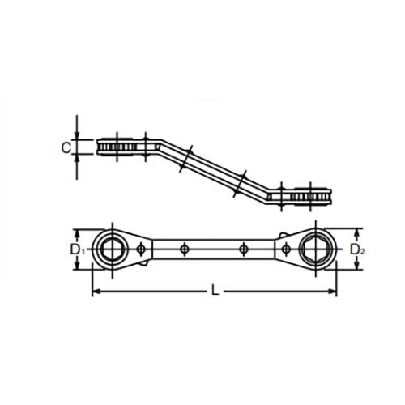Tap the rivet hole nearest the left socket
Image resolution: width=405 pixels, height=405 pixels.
tap(142, 246)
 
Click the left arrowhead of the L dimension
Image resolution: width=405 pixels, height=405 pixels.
tap(94, 290)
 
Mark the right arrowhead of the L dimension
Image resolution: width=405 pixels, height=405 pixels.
tap(332, 290)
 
